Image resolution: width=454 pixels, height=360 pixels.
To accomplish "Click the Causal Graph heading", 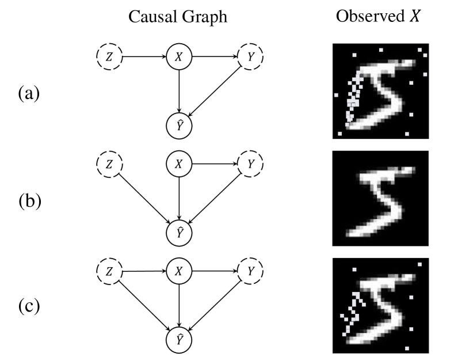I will [x=178, y=17].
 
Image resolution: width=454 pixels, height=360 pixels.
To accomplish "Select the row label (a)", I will [x=29, y=92].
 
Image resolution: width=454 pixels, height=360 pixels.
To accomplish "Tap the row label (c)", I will [x=29, y=305].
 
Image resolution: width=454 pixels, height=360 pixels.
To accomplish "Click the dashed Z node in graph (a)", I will [x=109, y=57].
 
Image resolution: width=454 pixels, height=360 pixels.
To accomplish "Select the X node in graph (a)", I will [x=179, y=57].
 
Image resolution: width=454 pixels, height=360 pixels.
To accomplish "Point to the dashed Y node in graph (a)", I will [x=249, y=57].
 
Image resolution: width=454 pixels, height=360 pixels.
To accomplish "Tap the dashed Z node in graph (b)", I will [x=109, y=165].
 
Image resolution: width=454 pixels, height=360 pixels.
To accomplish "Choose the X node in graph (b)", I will [x=179, y=165].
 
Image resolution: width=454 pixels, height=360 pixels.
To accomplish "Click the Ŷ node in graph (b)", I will [x=179, y=232].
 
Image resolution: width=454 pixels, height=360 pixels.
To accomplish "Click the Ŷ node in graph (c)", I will [x=179, y=339].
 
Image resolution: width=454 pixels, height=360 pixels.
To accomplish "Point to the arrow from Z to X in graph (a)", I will [x=144, y=57].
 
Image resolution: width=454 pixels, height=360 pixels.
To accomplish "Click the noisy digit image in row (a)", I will [x=379, y=92].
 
